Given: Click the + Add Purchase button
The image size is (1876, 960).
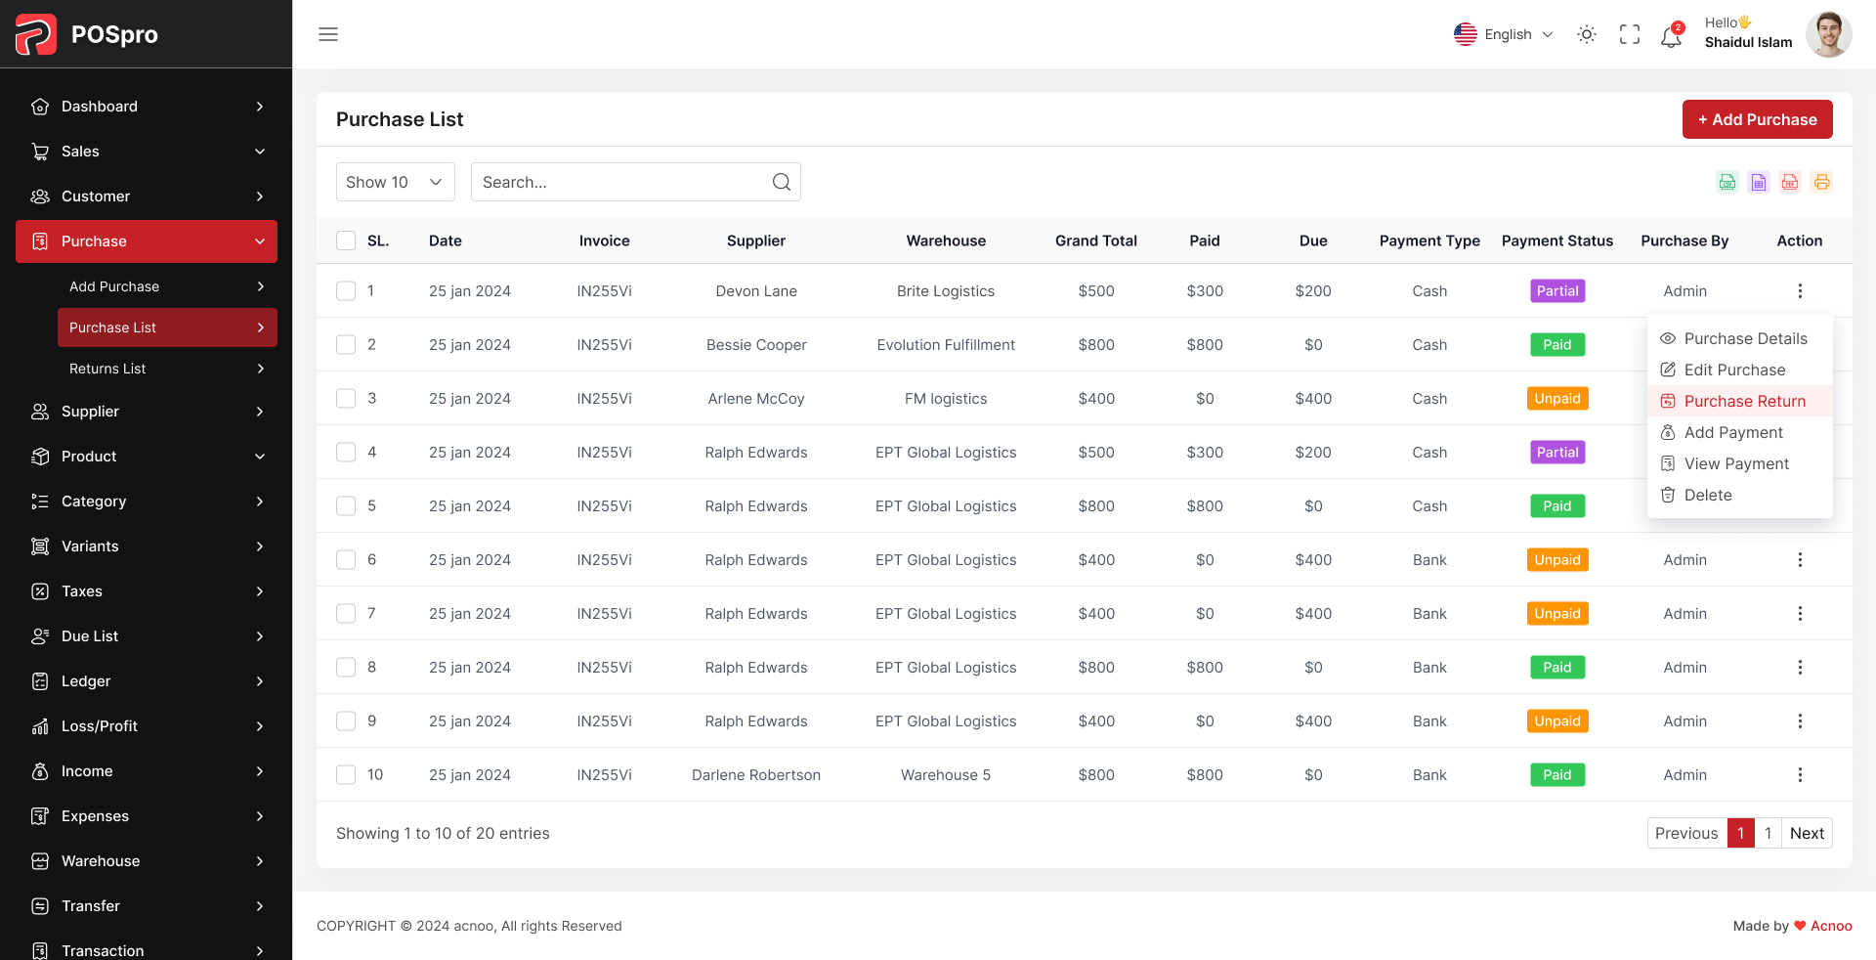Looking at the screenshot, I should (1757, 119).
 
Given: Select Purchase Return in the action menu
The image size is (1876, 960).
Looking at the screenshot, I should (1744, 401).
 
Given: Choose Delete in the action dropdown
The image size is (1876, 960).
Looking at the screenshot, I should (1707, 495).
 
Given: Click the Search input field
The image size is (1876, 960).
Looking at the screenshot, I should (625, 182).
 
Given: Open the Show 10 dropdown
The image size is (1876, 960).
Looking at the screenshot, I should (395, 182).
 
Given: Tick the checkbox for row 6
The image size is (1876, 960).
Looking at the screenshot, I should (346, 559).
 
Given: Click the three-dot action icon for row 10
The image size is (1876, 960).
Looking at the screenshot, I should (1799, 774).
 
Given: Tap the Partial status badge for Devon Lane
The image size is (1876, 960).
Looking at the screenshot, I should (1556, 290).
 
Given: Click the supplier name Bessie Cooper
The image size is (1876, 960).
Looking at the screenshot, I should (756, 344).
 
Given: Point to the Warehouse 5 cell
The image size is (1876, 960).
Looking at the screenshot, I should (945, 774).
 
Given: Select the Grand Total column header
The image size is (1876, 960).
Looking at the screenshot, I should (1095, 240).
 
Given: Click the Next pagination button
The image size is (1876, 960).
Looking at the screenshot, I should (1806, 833).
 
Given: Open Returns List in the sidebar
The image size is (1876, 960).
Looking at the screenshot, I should (107, 369).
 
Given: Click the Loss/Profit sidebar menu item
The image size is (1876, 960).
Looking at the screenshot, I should (100, 725).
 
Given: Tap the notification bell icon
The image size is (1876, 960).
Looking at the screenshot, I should (1671, 36).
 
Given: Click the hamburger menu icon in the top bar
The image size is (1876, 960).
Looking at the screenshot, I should (328, 34).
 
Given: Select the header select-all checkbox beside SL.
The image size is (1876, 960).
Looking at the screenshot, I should (346, 240).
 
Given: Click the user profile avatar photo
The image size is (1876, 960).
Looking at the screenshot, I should (1828, 34).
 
